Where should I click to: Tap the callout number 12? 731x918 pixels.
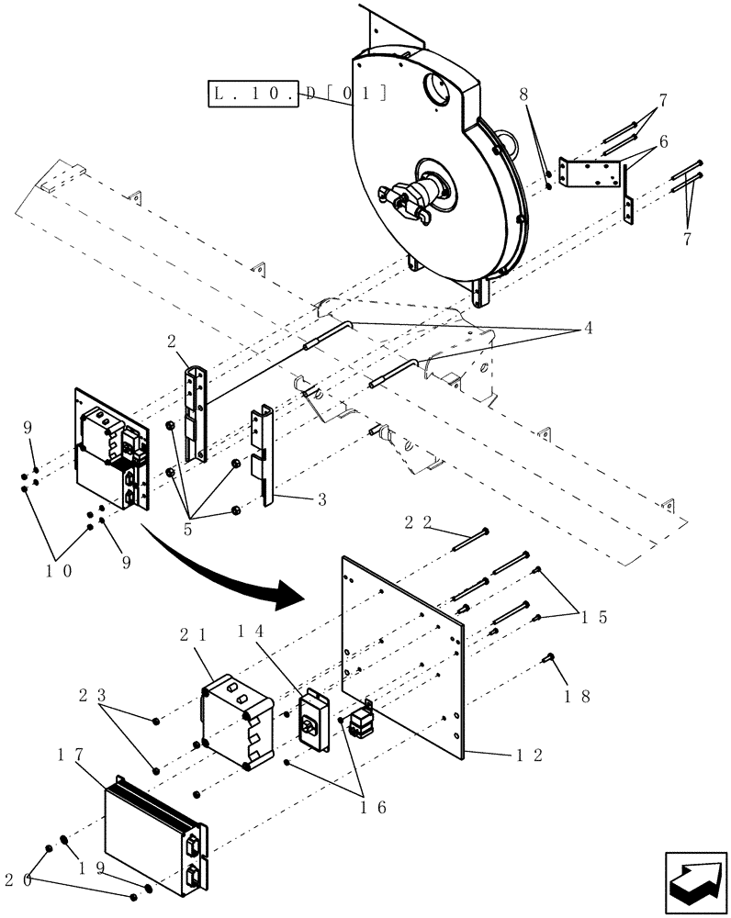click(531, 756)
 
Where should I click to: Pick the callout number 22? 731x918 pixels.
click(419, 521)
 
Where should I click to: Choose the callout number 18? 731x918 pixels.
click(575, 697)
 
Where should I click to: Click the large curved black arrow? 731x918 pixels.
click(220, 569)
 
